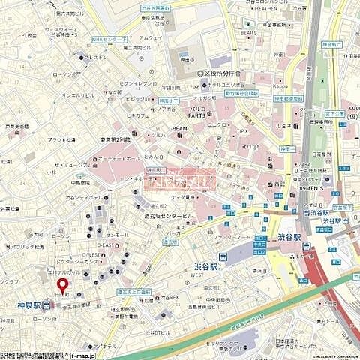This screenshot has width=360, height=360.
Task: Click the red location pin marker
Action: (x=62, y=285)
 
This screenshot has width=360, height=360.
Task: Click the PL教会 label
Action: (x=30, y=35)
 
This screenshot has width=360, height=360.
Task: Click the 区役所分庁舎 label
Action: (x=221, y=73)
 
